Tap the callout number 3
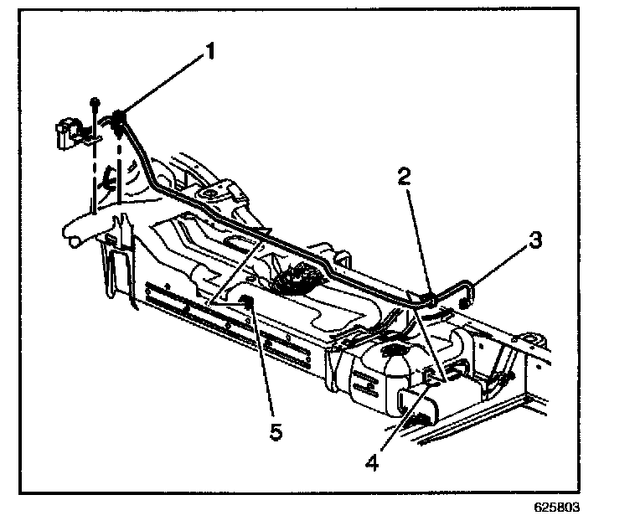535,242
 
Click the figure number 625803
556,508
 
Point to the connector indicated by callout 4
428,377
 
